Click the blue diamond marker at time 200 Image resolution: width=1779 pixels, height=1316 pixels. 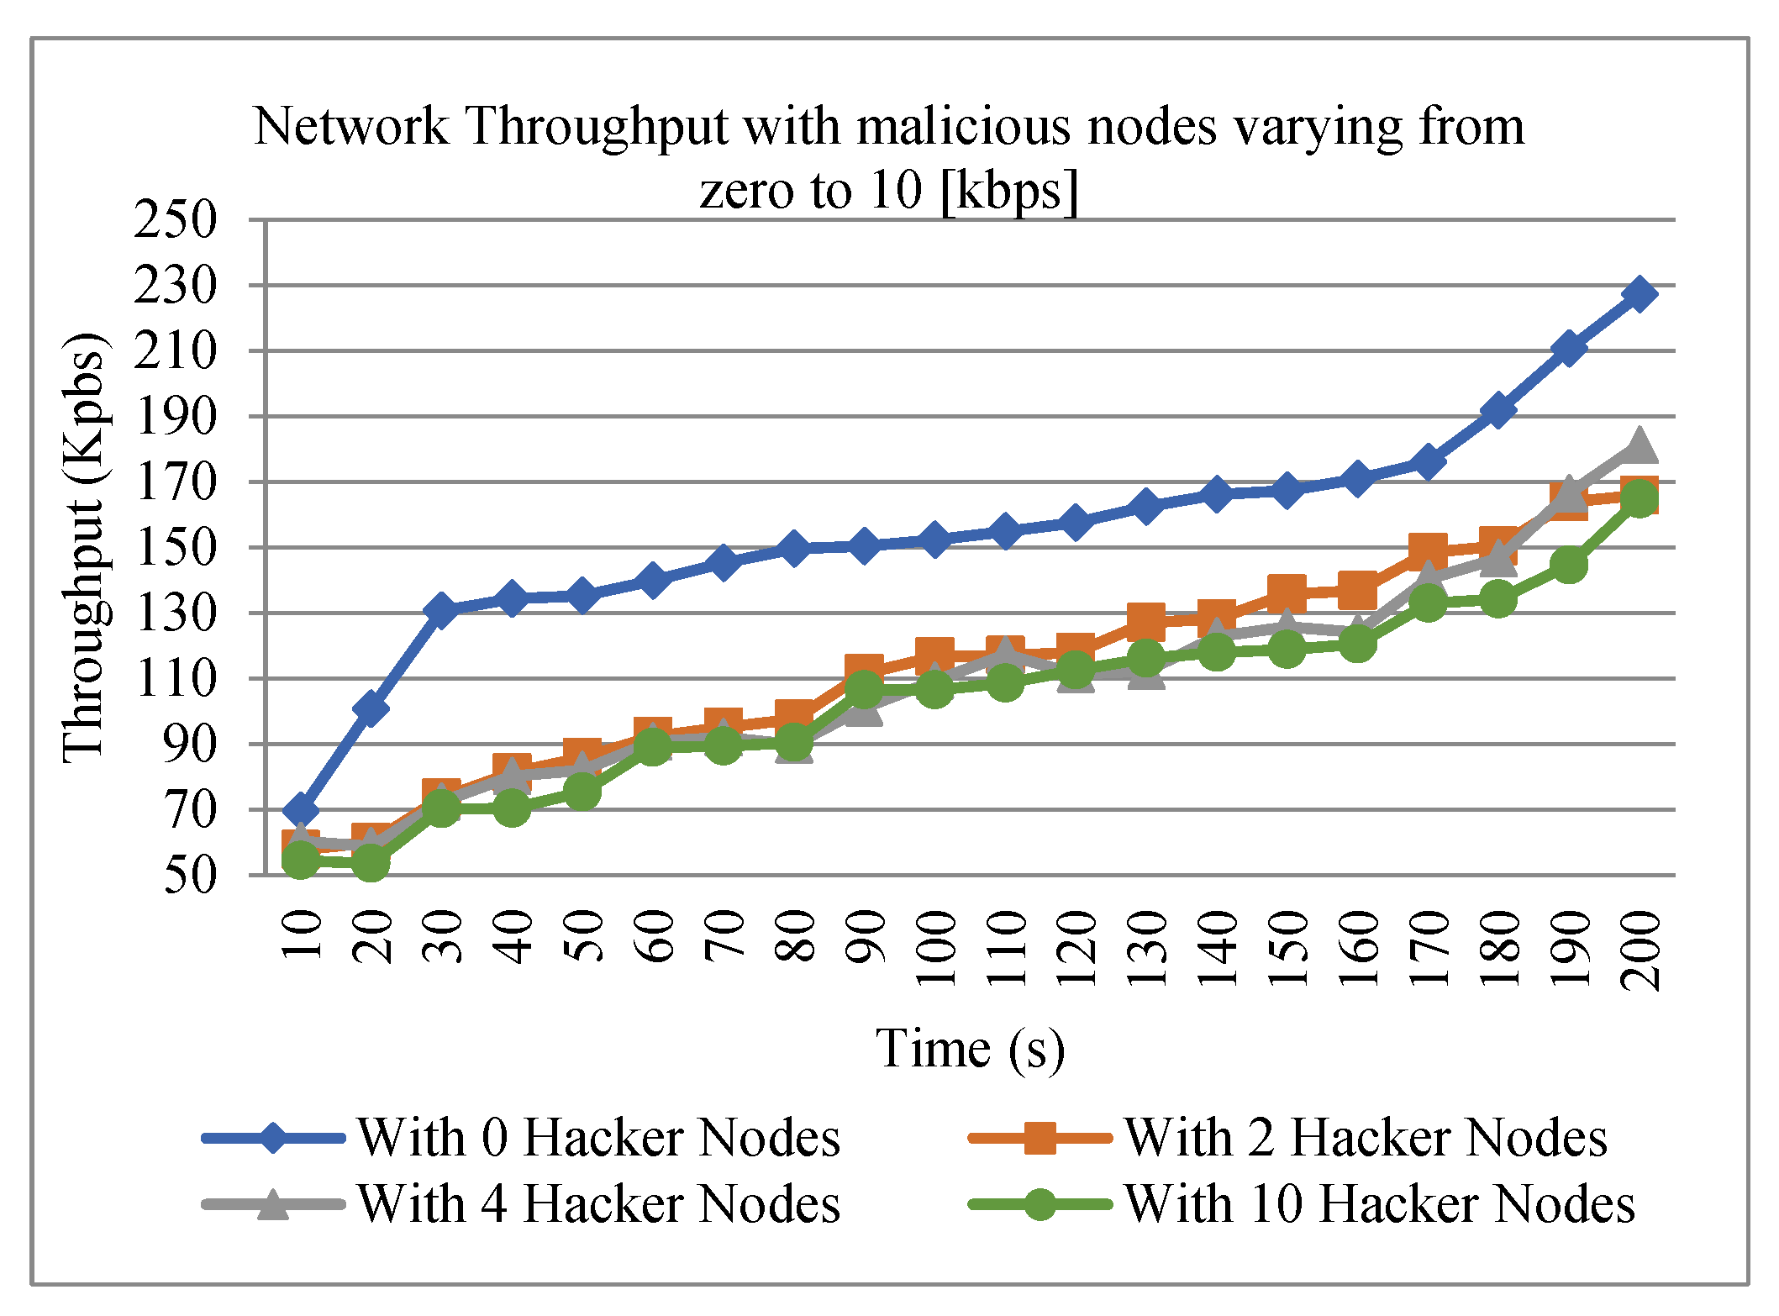(x=1639, y=294)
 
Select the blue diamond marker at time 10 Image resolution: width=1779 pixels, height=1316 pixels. (x=300, y=811)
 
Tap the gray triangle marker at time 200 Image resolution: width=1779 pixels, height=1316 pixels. (x=1639, y=445)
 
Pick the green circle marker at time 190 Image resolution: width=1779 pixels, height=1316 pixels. (x=1569, y=564)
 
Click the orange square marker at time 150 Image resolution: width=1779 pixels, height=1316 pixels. (x=1287, y=593)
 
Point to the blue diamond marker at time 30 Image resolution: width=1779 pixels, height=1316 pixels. (x=441, y=610)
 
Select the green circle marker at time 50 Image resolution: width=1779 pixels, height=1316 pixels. (x=582, y=792)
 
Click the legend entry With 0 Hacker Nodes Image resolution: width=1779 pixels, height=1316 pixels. (x=598, y=1138)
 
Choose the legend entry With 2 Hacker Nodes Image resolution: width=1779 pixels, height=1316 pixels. (x=1365, y=1138)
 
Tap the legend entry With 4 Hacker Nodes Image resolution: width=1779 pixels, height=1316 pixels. (x=598, y=1203)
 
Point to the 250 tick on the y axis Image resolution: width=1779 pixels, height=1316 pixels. (x=175, y=220)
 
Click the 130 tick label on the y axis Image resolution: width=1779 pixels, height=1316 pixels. (x=175, y=613)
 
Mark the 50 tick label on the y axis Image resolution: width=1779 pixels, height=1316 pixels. (x=190, y=876)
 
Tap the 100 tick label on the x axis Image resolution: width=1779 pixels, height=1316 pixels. (x=935, y=948)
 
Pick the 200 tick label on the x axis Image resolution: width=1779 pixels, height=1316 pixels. (x=1640, y=950)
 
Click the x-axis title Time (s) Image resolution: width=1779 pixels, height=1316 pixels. (x=971, y=1049)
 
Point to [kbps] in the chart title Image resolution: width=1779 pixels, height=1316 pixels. (x=1008, y=191)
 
